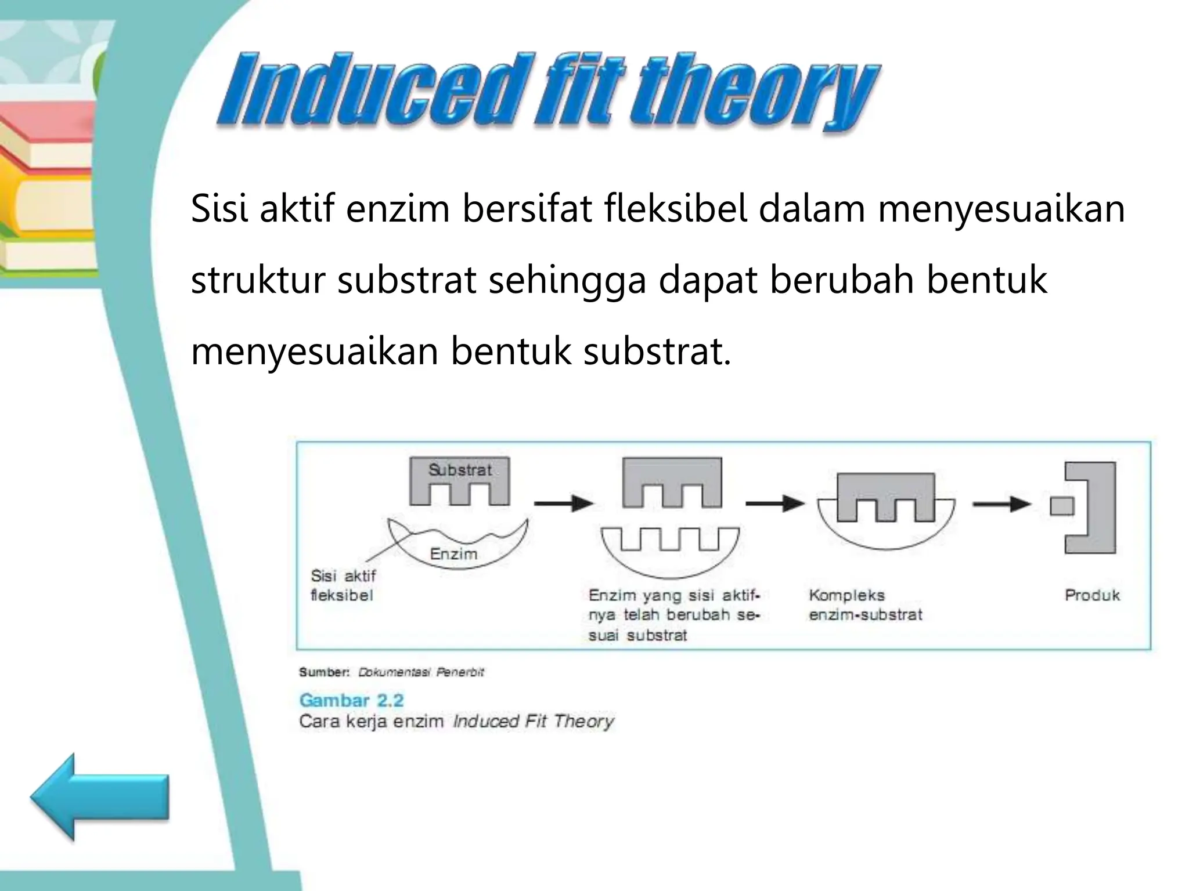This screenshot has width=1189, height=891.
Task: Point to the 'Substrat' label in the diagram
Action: point(460,470)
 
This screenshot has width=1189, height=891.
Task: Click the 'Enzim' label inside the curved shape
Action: point(453,554)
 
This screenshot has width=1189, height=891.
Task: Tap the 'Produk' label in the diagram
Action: point(1092,595)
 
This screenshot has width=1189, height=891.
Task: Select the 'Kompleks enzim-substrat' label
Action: point(865,605)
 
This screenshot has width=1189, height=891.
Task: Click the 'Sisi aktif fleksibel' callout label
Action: point(343,585)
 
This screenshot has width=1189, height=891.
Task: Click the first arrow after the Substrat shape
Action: point(563,503)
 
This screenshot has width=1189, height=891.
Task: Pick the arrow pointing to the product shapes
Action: point(1001,504)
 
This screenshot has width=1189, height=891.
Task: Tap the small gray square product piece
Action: point(1062,506)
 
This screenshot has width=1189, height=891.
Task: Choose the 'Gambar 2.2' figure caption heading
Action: point(351,700)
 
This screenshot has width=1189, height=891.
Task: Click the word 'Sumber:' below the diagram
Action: point(324,672)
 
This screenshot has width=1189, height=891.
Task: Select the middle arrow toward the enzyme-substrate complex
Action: point(776,503)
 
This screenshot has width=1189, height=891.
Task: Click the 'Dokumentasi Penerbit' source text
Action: point(421,672)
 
